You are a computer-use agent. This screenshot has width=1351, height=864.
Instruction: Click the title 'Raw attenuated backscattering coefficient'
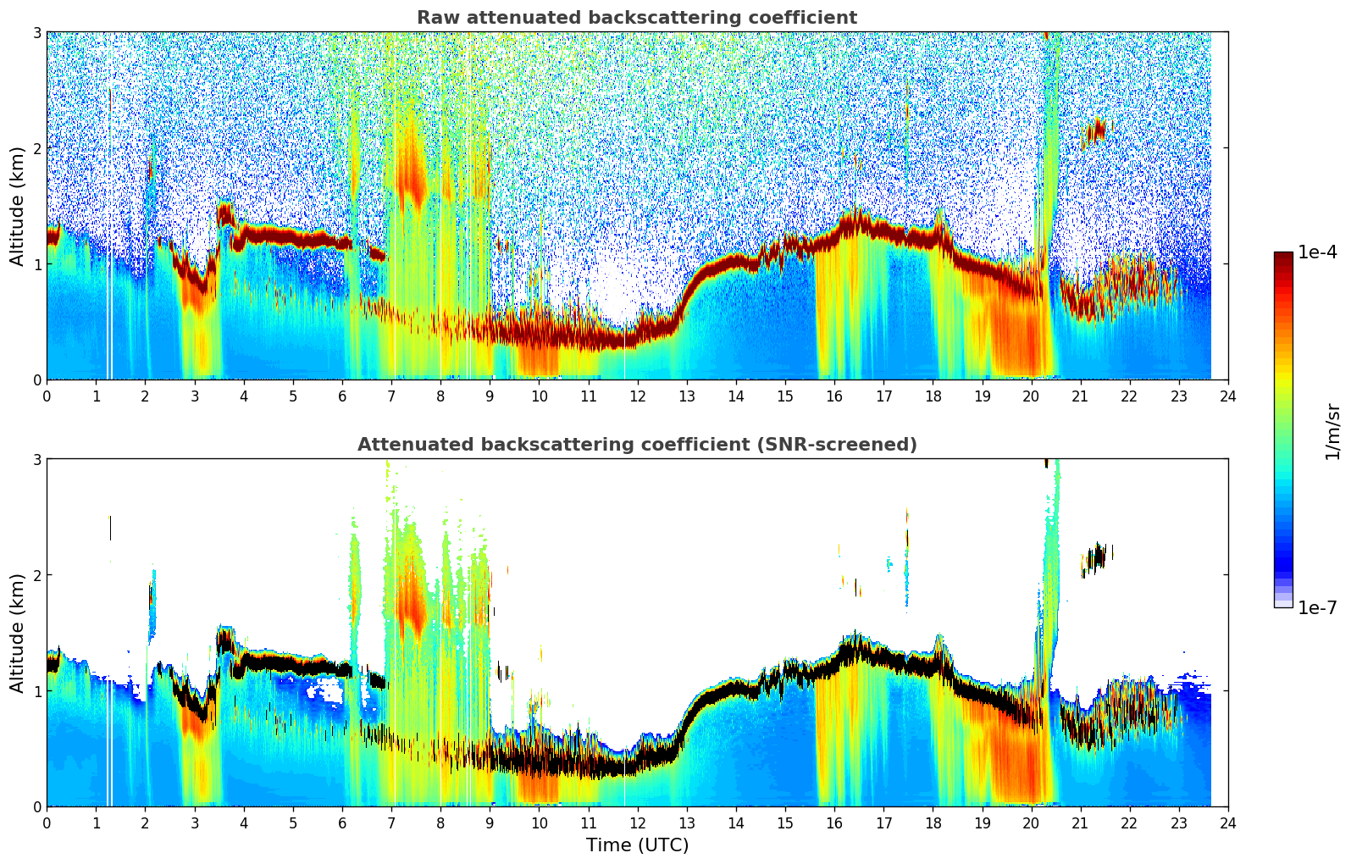(x=637, y=18)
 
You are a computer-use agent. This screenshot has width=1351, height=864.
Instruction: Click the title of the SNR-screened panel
(x=637, y=445)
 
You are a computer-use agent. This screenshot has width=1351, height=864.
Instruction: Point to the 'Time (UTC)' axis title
(x=637, y=845)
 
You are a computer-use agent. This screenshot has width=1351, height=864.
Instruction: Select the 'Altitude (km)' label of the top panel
(x=17, y=206)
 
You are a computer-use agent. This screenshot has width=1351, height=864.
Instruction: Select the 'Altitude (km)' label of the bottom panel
(x=17, y=633)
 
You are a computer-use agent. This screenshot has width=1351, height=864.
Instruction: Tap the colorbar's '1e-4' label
(x=1317, y=252)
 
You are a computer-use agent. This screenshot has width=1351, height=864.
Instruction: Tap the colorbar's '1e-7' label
(x=1317, y=607)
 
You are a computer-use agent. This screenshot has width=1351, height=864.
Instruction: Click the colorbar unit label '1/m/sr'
(x=1332, y=431)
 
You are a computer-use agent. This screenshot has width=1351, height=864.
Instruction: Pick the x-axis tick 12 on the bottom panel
(x=637, y=823)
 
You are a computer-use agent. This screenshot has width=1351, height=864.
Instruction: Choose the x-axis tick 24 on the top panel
(x=1228, y=396)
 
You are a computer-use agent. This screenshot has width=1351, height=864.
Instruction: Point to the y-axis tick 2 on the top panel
(x=36, y=148)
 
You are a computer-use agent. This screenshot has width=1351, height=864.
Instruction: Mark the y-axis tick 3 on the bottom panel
(x=36, y=459)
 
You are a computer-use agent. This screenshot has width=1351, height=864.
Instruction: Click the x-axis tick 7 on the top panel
(x=391, y=396)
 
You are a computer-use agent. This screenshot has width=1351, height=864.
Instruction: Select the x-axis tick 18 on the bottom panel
(x=933, y=823)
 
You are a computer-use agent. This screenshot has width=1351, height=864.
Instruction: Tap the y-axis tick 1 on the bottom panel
(x=36, y=691)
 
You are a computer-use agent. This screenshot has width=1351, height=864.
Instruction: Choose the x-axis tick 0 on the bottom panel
(x=47, y=823)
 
